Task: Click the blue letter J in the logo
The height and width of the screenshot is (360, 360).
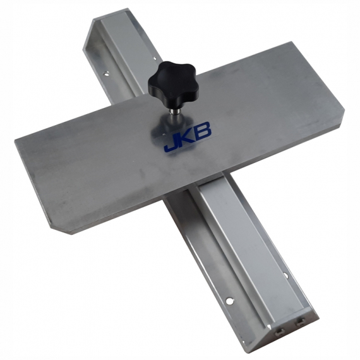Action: click(x=170, y=143)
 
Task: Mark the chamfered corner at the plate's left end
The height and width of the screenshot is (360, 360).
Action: click(x=66, y=227)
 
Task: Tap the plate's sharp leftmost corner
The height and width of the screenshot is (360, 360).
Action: click(x=15, y=141)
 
